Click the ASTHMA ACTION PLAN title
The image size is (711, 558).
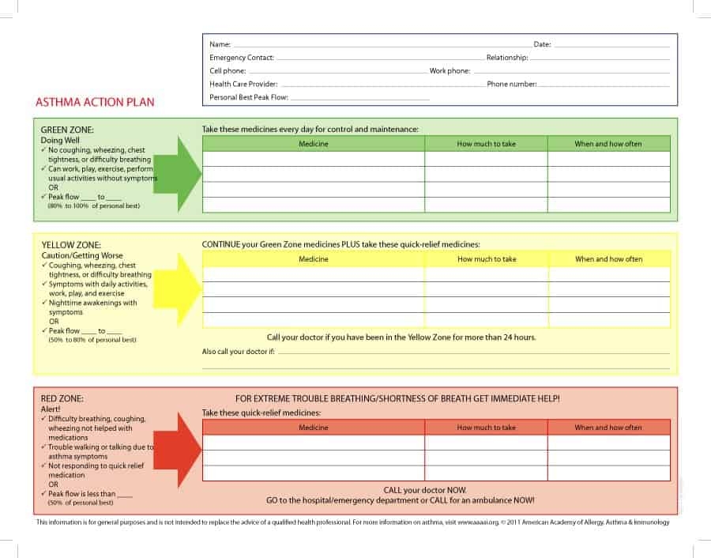pos(95,102)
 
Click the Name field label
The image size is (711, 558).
pos(220,45)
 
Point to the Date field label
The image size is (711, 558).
pos(542,45)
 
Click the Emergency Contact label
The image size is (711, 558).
pos(242,58)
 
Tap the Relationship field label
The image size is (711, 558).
pos(507,58)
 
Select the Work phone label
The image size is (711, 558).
pos(450,71)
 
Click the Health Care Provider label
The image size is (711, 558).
pos(243,84)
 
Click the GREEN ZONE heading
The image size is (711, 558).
pos(67,130)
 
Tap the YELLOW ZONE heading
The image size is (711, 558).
pos(71,245)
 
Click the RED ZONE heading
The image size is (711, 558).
pos(62,398)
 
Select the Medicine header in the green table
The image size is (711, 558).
pos(314,144)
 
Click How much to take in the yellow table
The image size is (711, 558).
pos(487,259)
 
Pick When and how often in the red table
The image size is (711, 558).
pos(608,428)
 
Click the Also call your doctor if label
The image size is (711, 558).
pos(239,352)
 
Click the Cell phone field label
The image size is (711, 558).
pos(228,71)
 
